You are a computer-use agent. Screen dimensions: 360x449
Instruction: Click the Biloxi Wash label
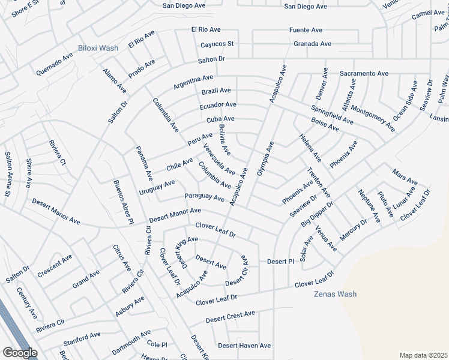[x=98, y=48]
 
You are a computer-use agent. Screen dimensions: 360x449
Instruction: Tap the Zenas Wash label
[x=335, y=294]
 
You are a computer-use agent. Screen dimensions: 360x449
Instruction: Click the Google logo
[x=20, y=353]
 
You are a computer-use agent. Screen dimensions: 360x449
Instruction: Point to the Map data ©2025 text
[x=423, y=355]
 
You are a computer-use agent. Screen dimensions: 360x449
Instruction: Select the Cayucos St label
[x=217, y=44]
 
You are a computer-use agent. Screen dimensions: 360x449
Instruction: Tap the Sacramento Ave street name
[x=364, y=73]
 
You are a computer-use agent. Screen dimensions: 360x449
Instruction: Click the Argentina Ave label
[x=193, y=82]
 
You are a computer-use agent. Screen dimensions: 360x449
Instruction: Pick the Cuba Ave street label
[x=220, y=119]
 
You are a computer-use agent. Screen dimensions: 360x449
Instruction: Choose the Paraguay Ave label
[x=204, y=197]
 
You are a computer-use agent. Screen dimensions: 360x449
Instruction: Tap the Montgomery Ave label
[x=373, y=118]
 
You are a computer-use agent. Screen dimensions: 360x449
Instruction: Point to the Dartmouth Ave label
[x=131, y=341]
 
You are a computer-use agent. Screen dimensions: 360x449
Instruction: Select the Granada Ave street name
[x=312, y=44]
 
